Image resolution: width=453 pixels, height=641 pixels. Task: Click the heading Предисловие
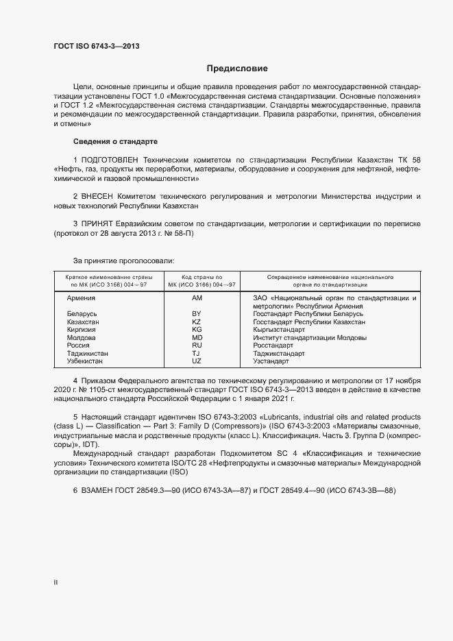237,69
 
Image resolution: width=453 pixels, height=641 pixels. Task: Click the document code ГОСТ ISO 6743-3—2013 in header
99,47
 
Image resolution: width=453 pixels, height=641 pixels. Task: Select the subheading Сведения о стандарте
115,141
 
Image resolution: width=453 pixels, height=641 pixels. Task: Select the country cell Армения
82,298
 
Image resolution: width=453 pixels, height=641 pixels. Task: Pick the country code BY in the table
197,313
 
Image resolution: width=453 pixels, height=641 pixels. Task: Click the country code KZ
197,322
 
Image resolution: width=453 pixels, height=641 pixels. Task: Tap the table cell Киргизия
82,330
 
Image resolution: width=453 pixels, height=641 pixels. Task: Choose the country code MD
197,337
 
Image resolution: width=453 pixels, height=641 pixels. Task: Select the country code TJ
197,353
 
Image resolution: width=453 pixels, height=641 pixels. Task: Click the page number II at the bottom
56,583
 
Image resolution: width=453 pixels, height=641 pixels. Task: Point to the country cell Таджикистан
87,353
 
